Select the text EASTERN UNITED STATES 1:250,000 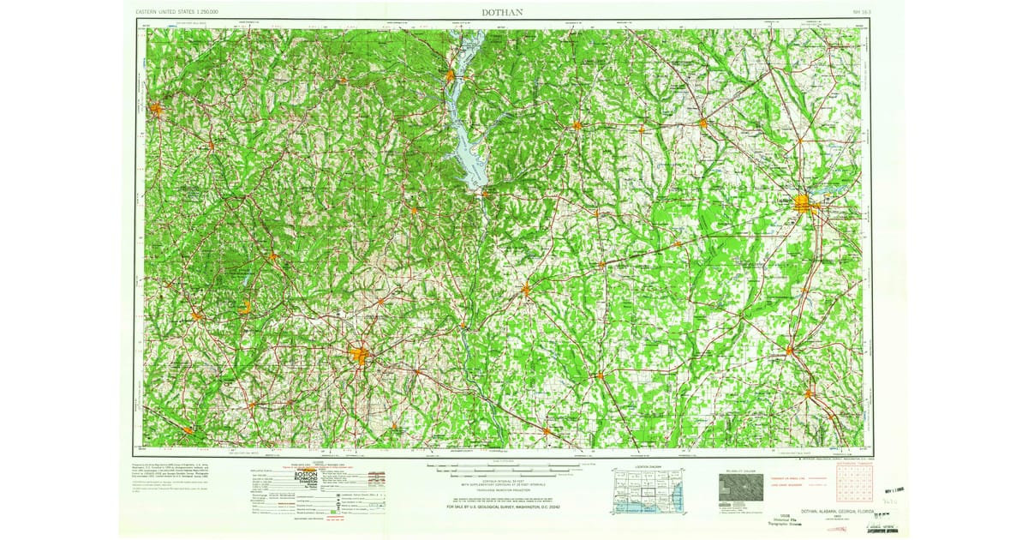point(177,12)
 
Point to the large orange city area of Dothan point(361,355)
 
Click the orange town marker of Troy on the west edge point(156,109)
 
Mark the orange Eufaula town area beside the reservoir point(451,78)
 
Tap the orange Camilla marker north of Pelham point(789,349)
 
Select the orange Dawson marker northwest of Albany point(702,124)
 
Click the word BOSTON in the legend point(306,474)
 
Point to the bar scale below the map point(514,468)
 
